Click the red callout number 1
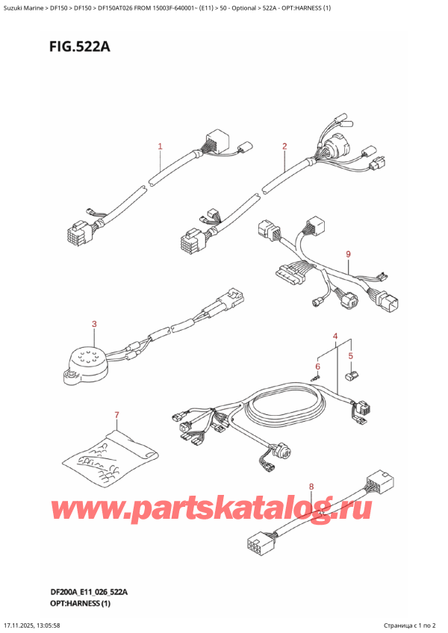click(160, 146)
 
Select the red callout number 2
click(284, 146)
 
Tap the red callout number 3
click(94, 324)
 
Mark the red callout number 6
click(317, 367)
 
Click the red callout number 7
click(116, 414)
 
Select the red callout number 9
click(348, 255)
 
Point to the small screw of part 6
click(317, 379)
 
